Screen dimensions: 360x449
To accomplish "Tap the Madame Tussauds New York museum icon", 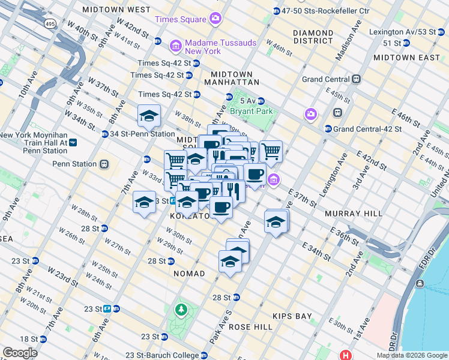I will (176, 46).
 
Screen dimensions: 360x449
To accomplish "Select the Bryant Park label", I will (255, 111).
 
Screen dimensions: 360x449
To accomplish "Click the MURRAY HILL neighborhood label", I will (349, 214).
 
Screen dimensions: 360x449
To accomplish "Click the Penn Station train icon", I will (104, 164).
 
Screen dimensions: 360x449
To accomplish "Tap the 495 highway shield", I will (50, 23).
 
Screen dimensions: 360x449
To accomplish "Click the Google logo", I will (20, 353).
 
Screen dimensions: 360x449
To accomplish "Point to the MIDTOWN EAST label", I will (406, 57).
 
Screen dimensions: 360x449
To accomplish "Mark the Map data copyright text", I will (411, 355).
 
